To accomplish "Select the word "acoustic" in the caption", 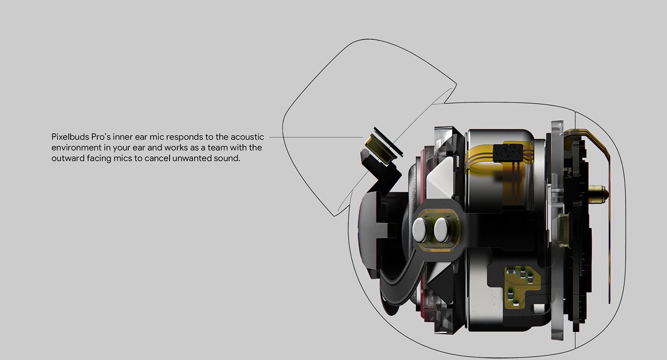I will click(247, 137).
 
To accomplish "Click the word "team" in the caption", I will click(220, 148).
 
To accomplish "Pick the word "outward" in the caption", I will click(66, 158).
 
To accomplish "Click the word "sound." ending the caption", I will click(227, 158).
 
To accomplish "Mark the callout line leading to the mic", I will click(314, 137).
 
